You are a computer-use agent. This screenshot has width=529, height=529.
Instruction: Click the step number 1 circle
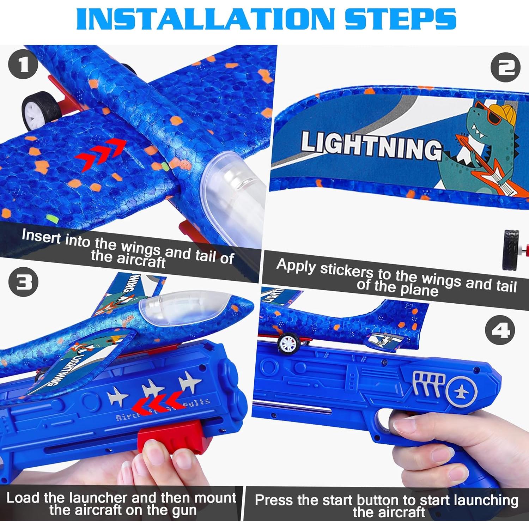click(x=23, y=65)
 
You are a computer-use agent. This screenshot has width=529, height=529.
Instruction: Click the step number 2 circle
click(x=505, y=67)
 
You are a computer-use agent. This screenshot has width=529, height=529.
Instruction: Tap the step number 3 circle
click(x=23, y=282)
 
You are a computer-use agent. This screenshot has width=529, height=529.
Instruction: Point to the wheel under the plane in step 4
click(x=288, y=343)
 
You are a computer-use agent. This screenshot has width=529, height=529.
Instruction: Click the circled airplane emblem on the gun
click(x=461, y=392)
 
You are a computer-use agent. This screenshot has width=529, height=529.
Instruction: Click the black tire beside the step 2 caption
click(x=512, y=249)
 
